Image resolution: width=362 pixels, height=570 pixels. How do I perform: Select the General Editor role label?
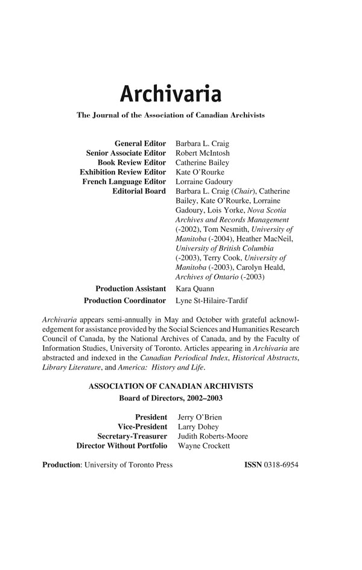coord(140,144)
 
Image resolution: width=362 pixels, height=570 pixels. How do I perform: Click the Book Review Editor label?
coord(132,163)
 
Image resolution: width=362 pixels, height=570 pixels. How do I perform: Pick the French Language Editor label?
coord(124,182)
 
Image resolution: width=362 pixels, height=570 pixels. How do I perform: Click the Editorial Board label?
coord(139,191)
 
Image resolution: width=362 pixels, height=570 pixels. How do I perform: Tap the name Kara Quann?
coord(195,289)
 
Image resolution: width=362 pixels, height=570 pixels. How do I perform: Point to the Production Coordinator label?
coord(125,300)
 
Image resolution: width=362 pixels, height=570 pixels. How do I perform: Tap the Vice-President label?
coord(142,427)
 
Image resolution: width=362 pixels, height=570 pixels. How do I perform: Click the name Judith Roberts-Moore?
coord(213,437)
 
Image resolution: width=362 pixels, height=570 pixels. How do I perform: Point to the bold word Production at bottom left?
coord(61,466)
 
